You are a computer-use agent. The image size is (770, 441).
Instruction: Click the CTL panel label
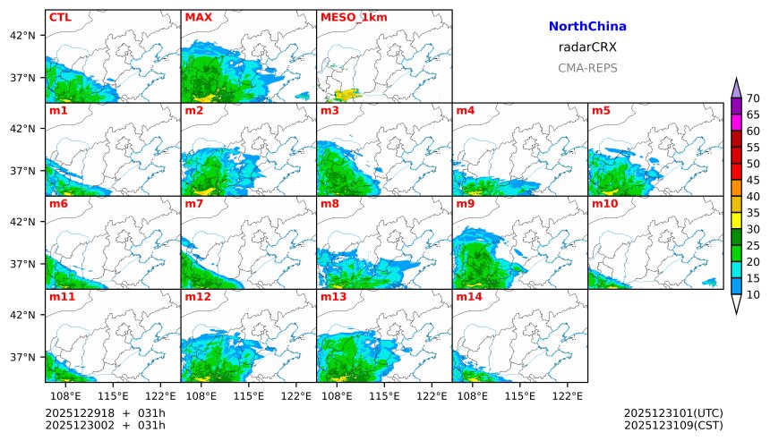point(60,17)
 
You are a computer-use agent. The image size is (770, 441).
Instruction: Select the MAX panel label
point(198,17)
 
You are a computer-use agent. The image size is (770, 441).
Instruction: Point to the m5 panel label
point(600,111)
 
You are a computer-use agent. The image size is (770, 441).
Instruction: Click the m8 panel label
point(329,204)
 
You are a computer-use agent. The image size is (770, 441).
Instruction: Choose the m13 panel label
point(333,296)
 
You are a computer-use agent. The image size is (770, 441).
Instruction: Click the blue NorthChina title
point(587,27)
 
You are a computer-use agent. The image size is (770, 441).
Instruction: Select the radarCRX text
point(587,47)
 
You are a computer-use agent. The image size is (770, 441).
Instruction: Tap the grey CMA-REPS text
point(587,68)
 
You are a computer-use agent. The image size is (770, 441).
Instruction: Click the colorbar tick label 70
point(753,98)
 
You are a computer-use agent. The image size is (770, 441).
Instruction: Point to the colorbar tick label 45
point(753,181)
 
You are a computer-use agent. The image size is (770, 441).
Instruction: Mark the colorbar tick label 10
point(753,295)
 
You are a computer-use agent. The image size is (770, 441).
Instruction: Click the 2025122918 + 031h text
point(106,412)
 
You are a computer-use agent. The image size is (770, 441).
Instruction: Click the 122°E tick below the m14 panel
point(568,394)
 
